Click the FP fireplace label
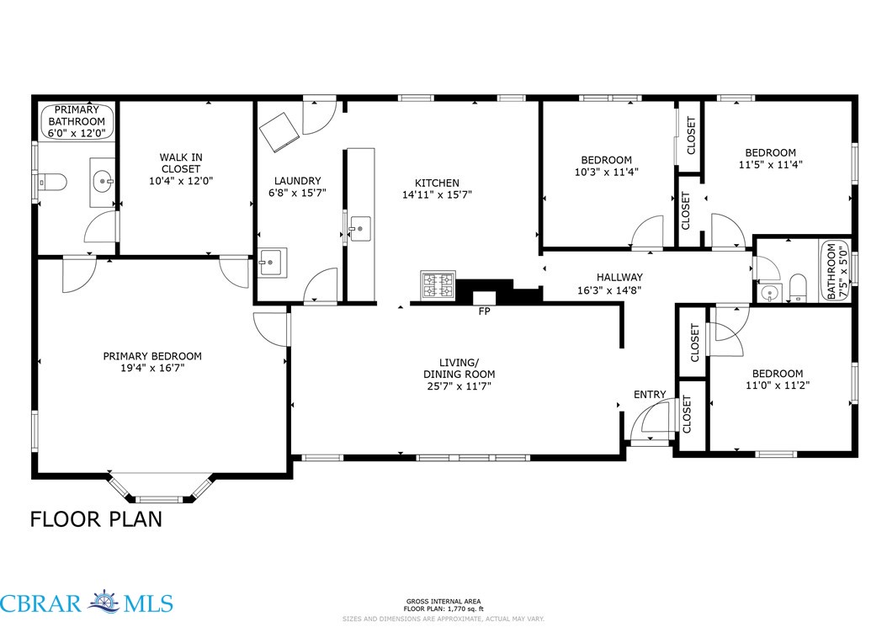point(484,311)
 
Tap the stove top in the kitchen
point(438,284)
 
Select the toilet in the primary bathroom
point(52,183)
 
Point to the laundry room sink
point(273,262)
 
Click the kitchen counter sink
point(359,229)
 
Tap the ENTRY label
point(650,395)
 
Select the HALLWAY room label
point(619,277)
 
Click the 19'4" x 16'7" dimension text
point(152,368)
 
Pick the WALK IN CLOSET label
point(181,163)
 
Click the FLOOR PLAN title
point(96,519)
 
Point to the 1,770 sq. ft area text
point(465,608)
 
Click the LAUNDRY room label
point(298,180)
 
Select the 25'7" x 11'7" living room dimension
point(459,386)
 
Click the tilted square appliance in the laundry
point(279,132)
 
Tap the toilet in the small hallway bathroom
point(798,288)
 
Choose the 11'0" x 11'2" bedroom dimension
point(778,385)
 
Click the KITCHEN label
point(438,183)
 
